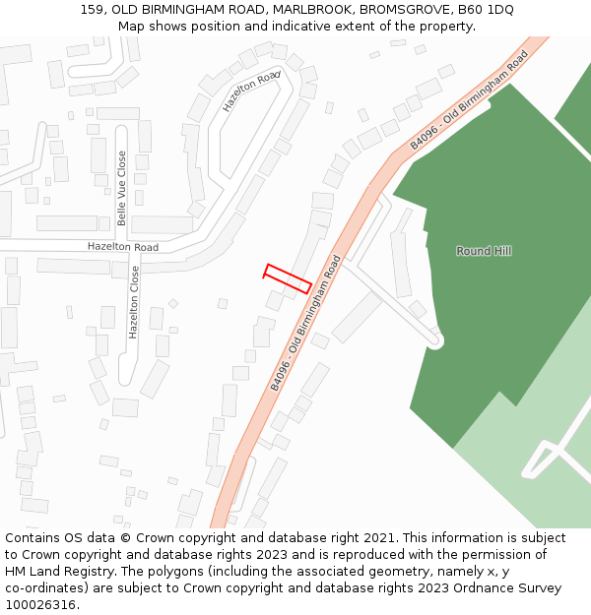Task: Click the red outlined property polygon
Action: (x=288, y=277)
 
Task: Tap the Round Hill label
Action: (x=484, y=251)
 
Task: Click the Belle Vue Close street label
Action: (x=122, y=188)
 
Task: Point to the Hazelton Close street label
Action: (x=134, y=302)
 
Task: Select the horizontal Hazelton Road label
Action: (x=122, y=247)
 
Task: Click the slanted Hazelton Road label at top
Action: (x=251, y=92)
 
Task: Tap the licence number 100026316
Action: (x=40, y=605)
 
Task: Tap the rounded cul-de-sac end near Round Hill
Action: (x=434, y=340)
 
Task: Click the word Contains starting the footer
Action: (x=33, y=538)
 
